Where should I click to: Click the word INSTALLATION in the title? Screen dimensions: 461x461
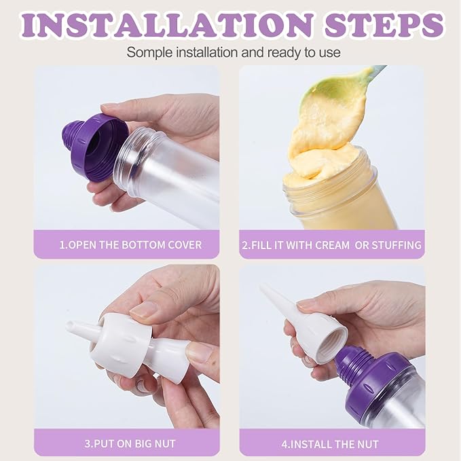167,24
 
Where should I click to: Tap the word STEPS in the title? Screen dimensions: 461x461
384,24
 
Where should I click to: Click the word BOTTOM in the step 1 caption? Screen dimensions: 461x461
143,245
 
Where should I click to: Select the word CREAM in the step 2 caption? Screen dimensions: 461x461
332,245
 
